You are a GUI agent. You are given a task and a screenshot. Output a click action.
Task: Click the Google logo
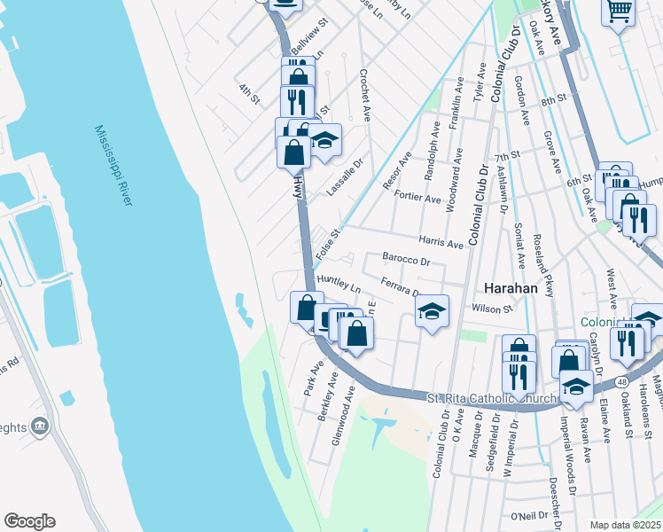point(29,521)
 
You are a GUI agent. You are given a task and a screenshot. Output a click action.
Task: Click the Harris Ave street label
point(441,242)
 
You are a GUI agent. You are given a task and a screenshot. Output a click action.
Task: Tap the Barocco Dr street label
point(406,262)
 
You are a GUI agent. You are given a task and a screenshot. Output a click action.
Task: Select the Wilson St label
point(494,309)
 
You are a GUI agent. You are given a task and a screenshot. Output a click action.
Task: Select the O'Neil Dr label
point(536,515)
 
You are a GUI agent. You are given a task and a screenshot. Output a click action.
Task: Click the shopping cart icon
point(618,12)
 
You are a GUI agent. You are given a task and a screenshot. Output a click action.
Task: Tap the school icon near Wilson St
point(432,311)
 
